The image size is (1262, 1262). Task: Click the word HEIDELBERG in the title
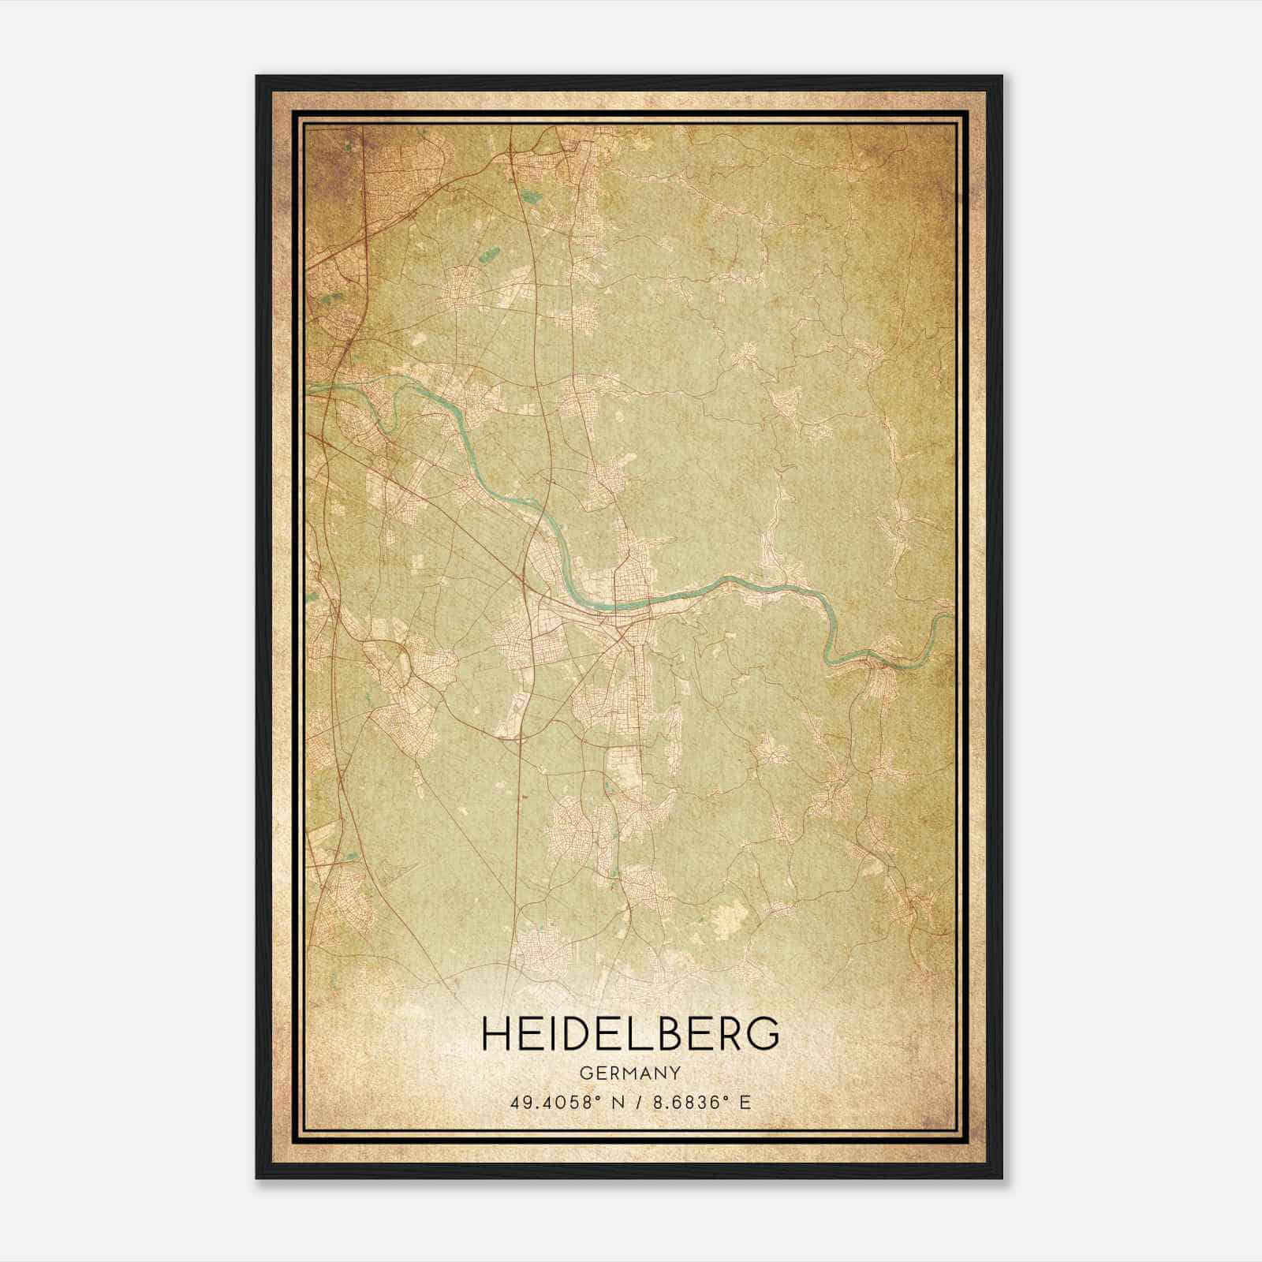pyautogui.click(x=630, y=1035)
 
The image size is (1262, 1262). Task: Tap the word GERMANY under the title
pyautogui.click(x=630, y=1073)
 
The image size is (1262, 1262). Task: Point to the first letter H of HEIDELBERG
pyautogui.click(x=495, y=1035)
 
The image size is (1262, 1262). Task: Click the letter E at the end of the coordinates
pyautogui.click(x=745, y=1102)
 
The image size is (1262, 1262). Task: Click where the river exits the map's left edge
pyautogui.click(x=308, y=387)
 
